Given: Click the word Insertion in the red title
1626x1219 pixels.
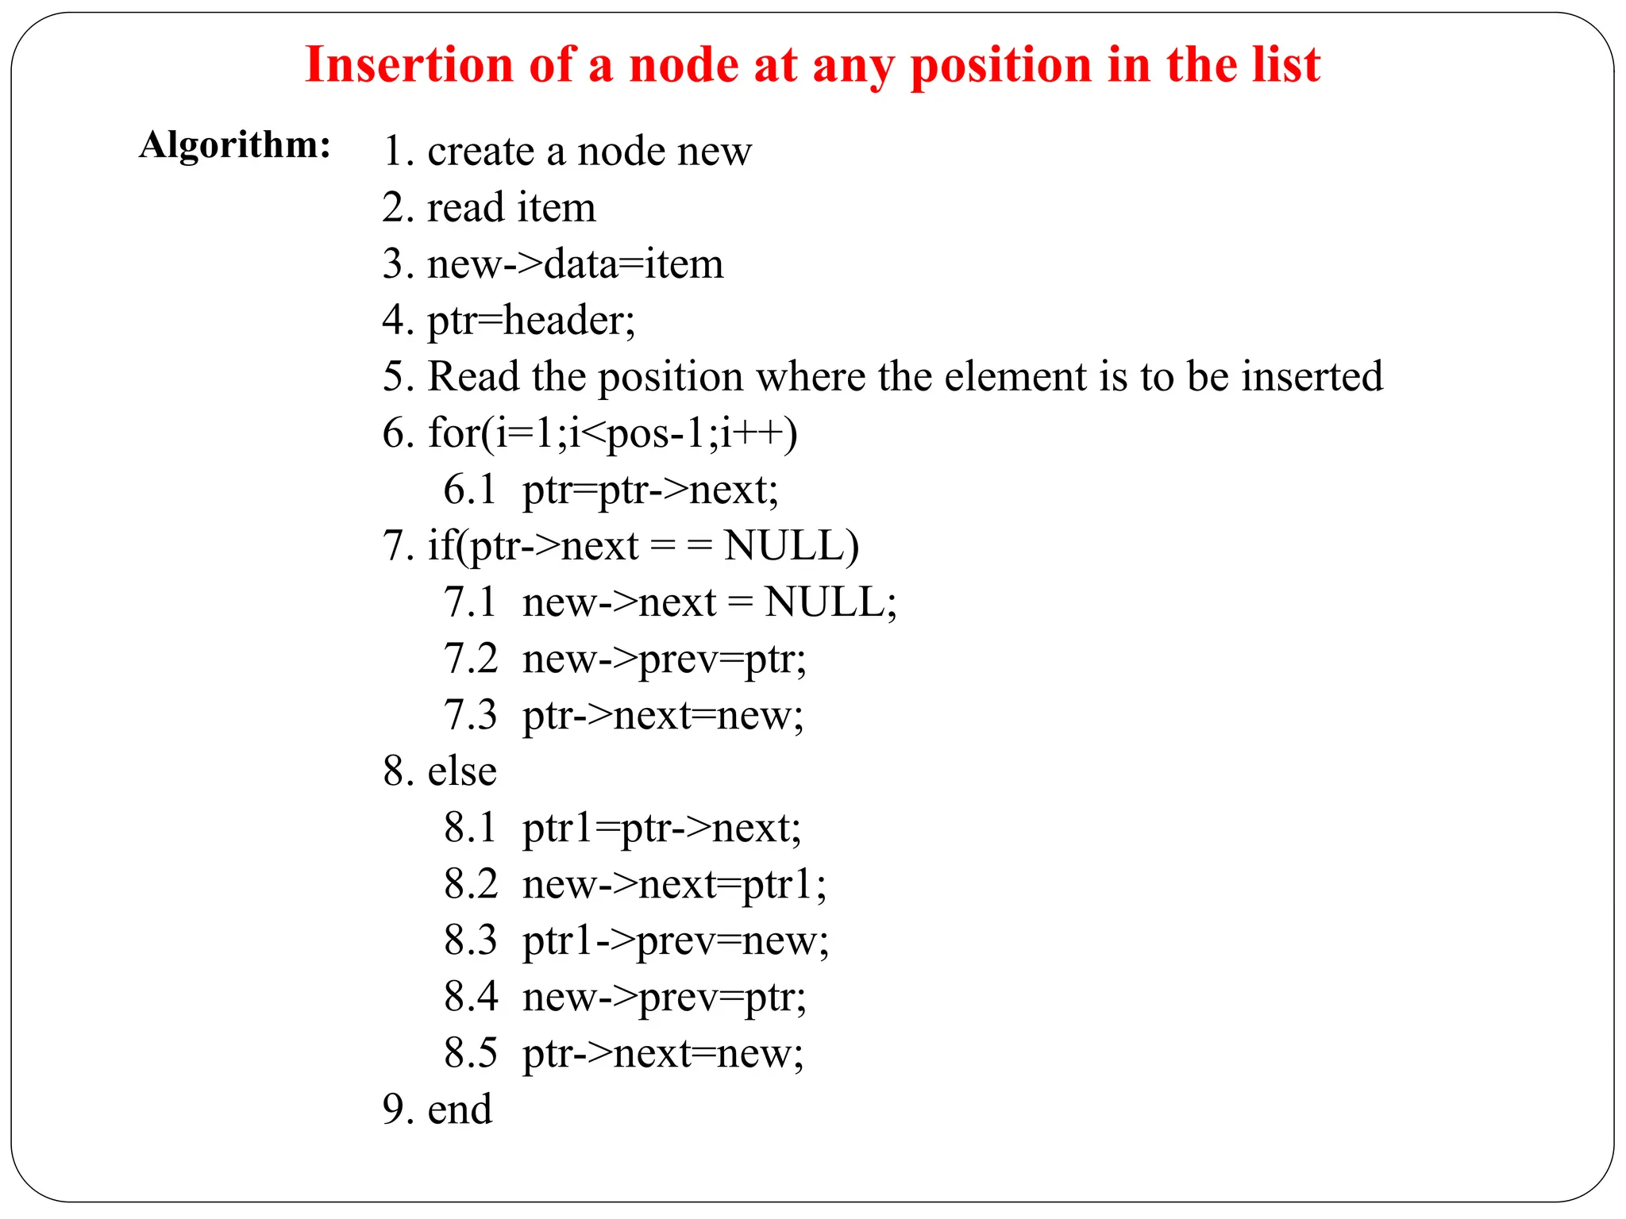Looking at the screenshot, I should click(409, 65).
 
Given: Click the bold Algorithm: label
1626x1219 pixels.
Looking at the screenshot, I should click(235, 145).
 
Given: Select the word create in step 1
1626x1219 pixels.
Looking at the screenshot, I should click(480, 151).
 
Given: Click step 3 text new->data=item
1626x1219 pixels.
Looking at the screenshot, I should click(576, 264).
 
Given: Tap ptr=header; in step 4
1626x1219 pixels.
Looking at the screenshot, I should click(531, 321).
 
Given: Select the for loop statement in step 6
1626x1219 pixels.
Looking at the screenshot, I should click(613, 433).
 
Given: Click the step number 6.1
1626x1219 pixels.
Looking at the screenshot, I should click(470, 490).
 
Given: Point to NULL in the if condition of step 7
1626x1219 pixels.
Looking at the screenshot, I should click(790, 546).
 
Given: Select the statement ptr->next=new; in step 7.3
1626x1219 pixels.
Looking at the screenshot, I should click(663, 716).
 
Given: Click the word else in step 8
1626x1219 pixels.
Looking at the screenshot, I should click(462, 771).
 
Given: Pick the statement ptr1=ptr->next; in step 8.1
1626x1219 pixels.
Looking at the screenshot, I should click(662, 829).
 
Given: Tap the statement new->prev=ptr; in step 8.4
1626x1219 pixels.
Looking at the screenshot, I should click(665, 998).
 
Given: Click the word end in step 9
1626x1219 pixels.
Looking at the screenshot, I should click(460, 1109).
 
